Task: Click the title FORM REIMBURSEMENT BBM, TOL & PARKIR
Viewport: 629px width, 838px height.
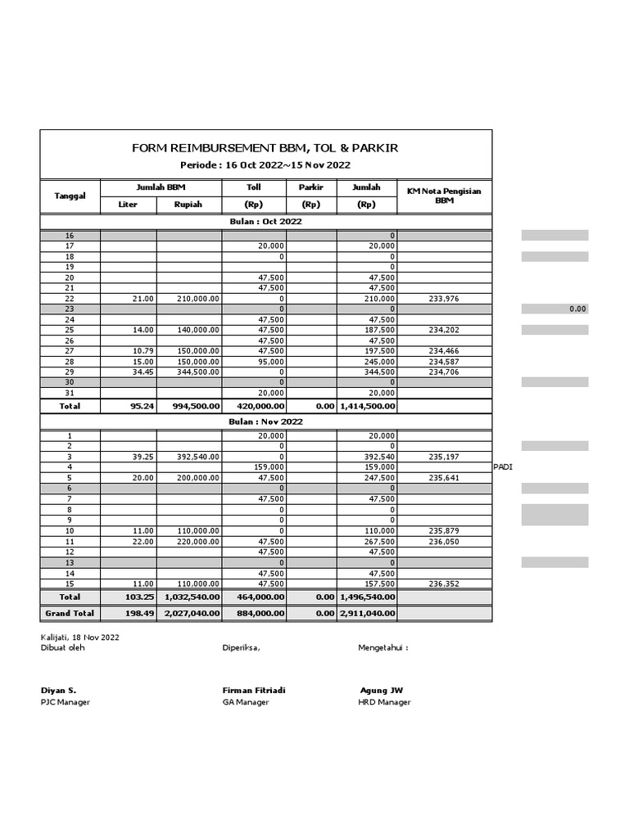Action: click(265, 148)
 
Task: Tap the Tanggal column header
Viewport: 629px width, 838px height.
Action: click(70, 196)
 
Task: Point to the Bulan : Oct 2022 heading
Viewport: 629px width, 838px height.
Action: click(265, 222)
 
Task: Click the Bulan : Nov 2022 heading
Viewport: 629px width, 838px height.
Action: click(265, 421)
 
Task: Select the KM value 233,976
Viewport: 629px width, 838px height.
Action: click(443, 300)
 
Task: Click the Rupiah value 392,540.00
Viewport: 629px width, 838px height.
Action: click(197, 456)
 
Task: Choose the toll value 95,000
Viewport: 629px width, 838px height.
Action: click(270, 360)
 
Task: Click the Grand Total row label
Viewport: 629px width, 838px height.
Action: click(70, 613)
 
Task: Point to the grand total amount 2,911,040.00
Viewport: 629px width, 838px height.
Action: click(367, 613)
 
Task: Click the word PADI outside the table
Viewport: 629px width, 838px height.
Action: click(504, 466)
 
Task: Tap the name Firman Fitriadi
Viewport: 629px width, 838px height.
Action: click(254, 690)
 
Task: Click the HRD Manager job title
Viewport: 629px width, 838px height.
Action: click(384, 702)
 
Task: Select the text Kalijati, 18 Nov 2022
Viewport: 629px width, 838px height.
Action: click(79, 636)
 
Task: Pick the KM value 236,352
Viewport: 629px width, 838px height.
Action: click(443, 583)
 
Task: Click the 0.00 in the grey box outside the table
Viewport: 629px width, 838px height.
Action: click(577, 310)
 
